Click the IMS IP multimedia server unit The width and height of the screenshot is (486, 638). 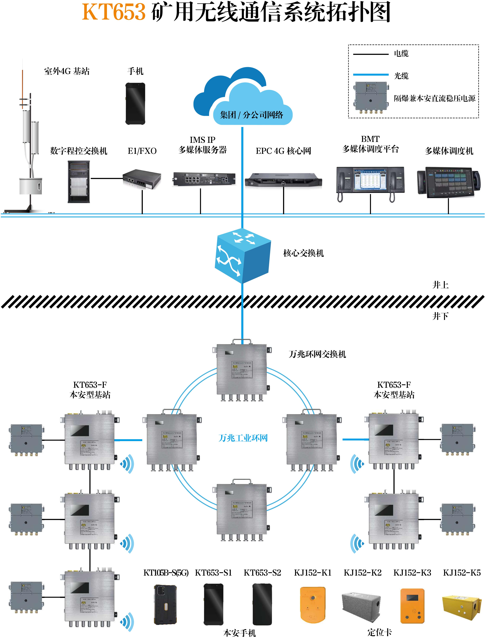point(204,179)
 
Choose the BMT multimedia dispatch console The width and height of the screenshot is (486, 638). point(370,182)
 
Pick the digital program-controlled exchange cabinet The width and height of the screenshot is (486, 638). point(79,182)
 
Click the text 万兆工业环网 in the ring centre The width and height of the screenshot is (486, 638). point(243,438)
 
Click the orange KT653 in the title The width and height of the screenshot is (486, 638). point(114,12)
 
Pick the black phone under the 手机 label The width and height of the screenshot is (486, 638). point(135,104)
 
